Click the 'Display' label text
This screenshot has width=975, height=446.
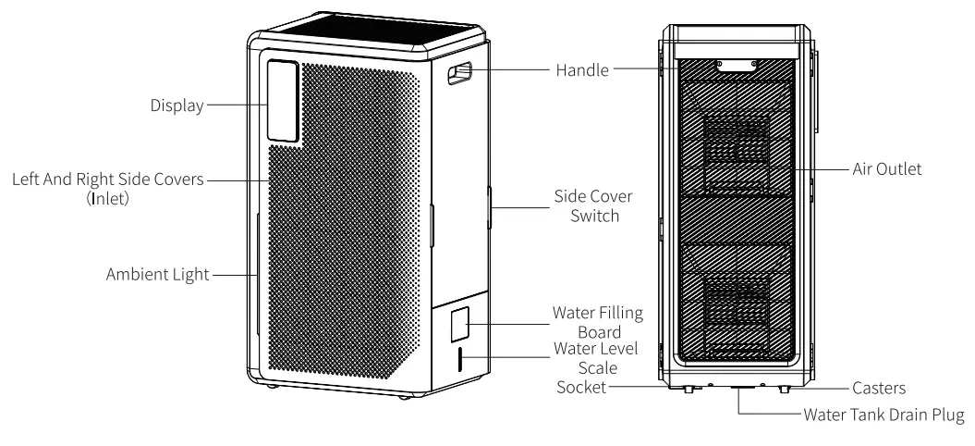pyautogui.click(x=177, y=106)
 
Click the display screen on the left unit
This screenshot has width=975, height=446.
pyautogui.click(x=284, y=100)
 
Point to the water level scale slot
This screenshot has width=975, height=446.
pyautogui.click(x=457, y=359)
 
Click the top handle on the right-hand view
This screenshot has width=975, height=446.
pyautogui.click(x=737, y=64)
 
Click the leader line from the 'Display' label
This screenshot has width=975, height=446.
pyautogui.click(x=236, y=106)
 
